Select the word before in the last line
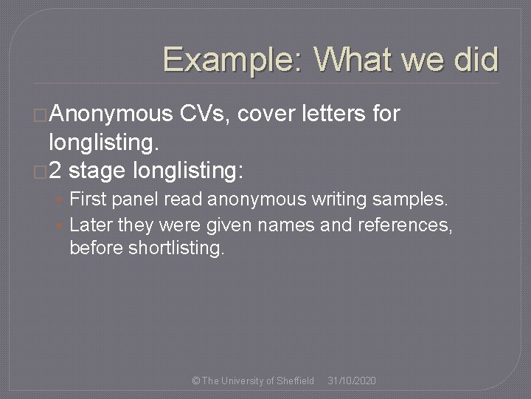point(94,248)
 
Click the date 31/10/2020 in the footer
point(352,381)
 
